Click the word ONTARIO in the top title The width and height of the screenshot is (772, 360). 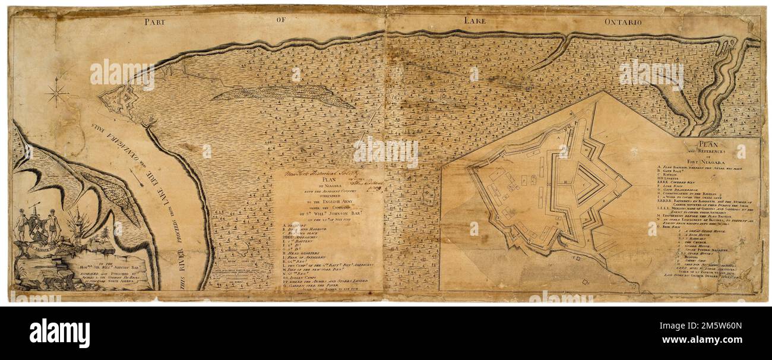pyautogui.click(x=623, y=22)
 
